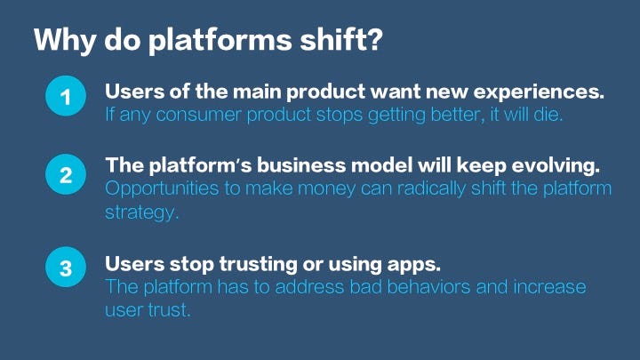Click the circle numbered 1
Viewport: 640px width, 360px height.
(66, 96)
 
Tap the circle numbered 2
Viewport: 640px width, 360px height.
(66, 174)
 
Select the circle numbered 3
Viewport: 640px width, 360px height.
(66, 267)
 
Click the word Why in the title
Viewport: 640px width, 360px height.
(65, 40)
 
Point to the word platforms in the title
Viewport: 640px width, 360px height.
(220, 40)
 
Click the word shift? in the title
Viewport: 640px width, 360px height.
(342, 39)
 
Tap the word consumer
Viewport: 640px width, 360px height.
(199, 115)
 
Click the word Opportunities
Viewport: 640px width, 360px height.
(162, 189)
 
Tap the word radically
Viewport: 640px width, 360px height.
(431, 189)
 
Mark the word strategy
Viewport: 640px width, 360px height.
(142, 212)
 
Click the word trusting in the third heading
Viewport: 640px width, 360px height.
(259, 265)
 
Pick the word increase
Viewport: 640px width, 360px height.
(549, 287)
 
